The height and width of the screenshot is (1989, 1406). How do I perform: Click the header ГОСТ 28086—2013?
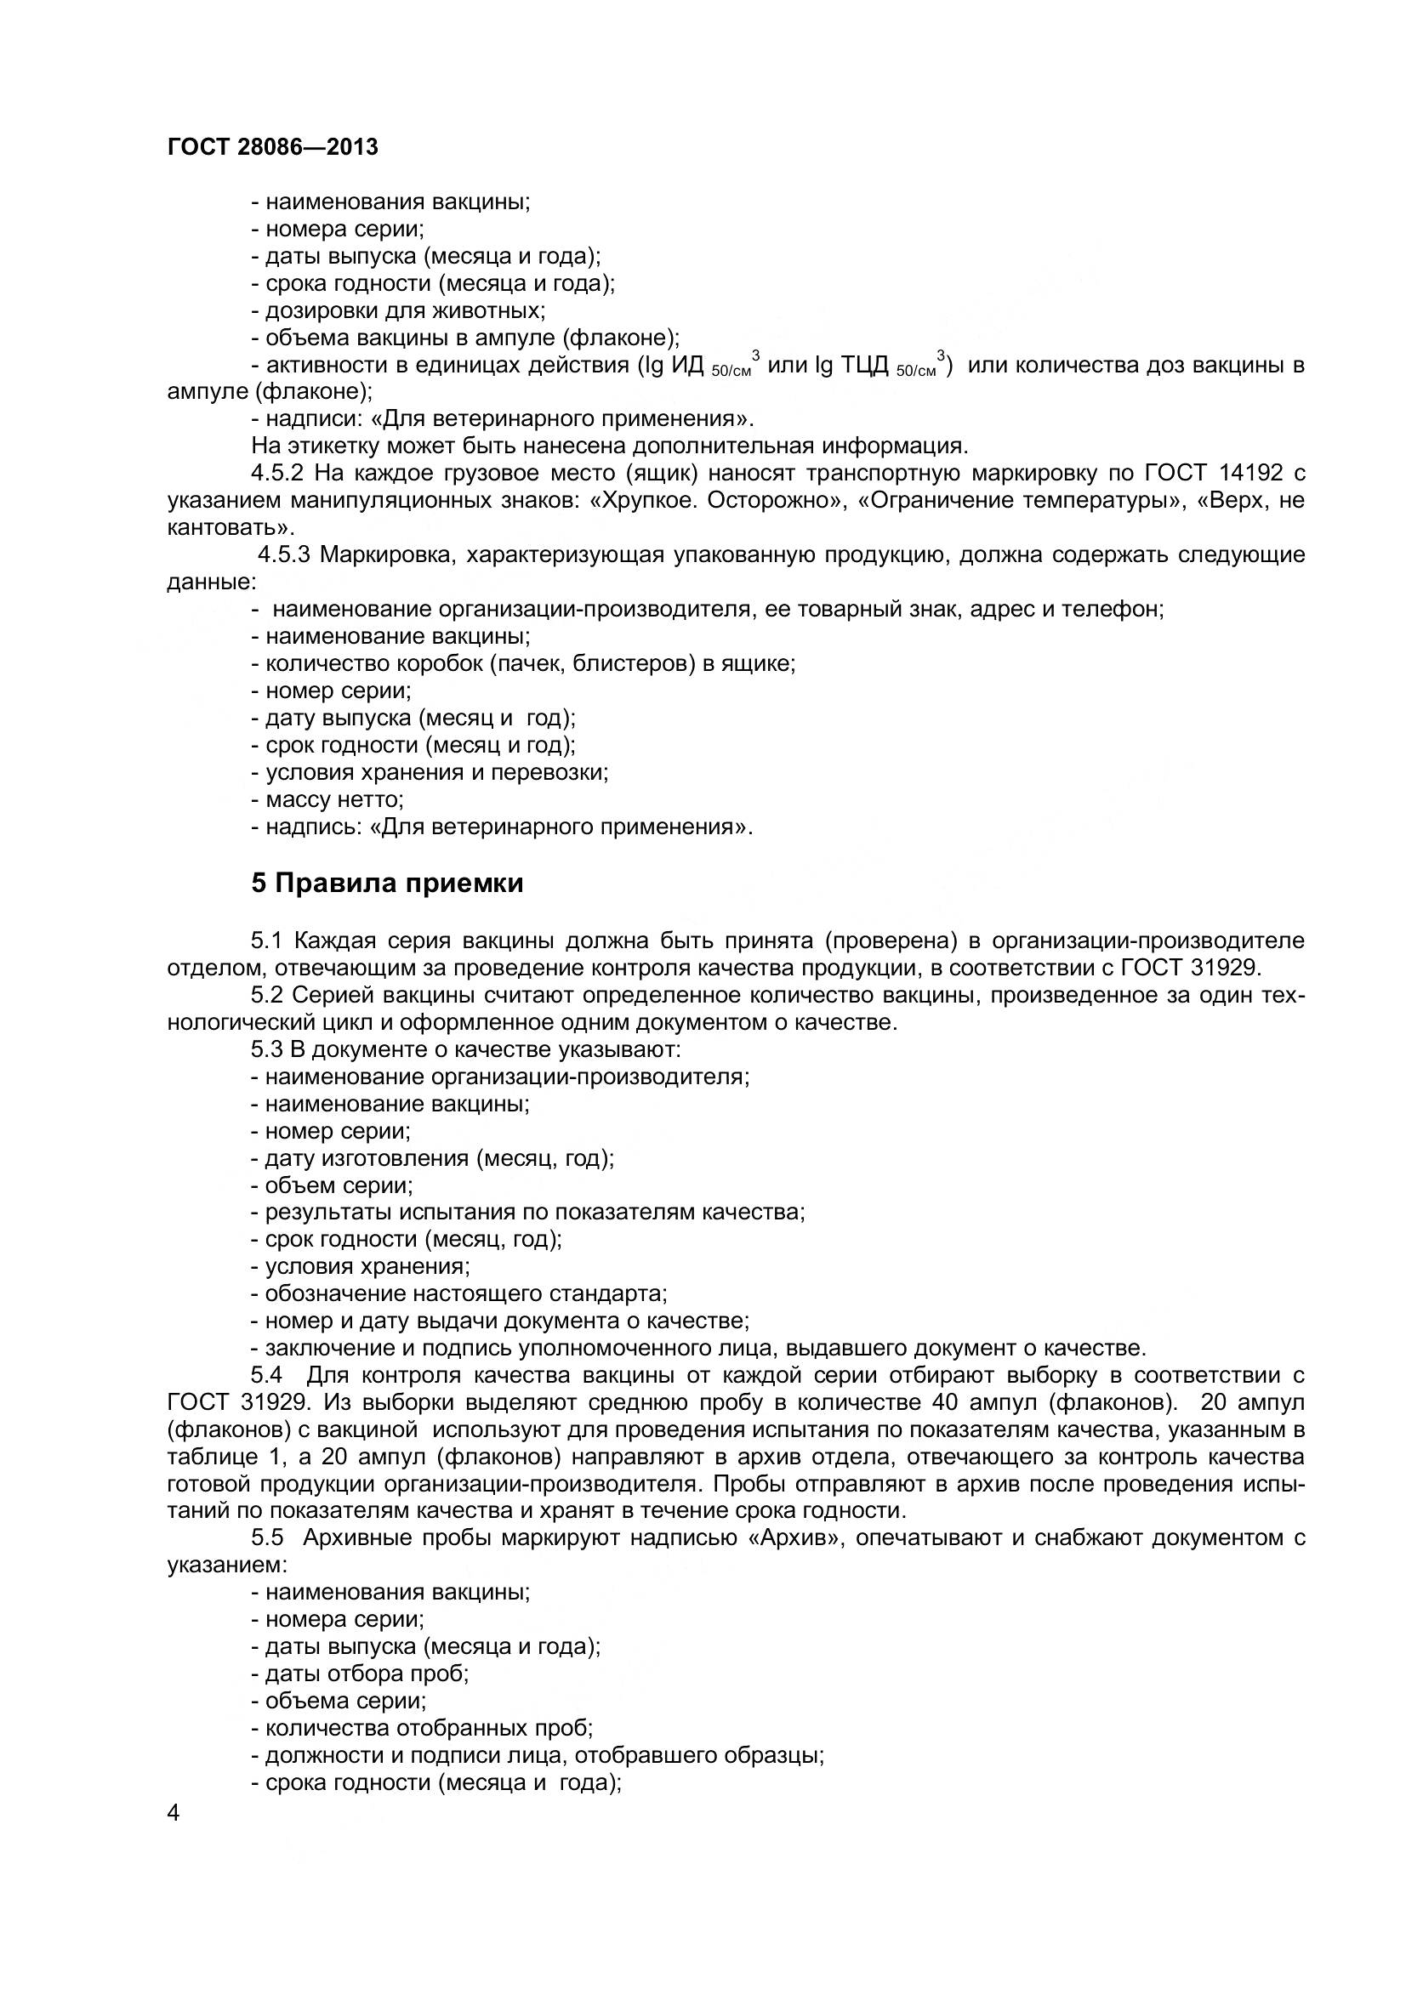coord(272,147)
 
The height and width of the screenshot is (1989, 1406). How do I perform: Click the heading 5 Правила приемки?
coord(387,884)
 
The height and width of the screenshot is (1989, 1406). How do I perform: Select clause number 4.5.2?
coord(278,473)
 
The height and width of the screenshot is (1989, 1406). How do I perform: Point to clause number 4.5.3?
coord(284,554)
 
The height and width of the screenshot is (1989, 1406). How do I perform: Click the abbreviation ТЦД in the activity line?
coord(866,366)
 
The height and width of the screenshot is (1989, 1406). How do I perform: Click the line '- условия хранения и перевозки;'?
coord(430,772)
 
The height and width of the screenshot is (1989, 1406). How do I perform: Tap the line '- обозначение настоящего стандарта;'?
coord(459,1293)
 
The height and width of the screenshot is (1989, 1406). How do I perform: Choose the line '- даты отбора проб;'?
coord(360,1674)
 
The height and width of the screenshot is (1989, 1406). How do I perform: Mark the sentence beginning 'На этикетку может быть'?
coord(608,446)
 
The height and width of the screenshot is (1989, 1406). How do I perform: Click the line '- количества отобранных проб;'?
coord(422,1728)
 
